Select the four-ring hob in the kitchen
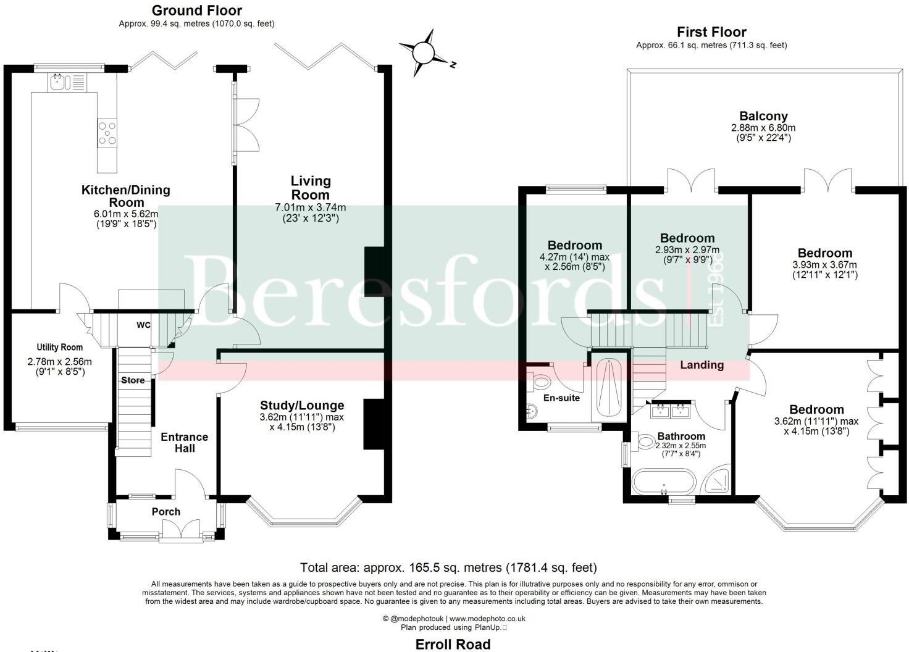(107, 133)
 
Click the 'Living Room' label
(311, 188)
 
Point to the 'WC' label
(143, 325)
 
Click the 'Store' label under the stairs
(133, 380)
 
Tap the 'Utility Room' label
(60, 347)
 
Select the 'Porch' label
(166, 512)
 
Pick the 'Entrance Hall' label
(185, 443)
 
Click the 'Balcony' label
(763, 117)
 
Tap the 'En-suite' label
(561, 398)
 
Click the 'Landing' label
(702, 365)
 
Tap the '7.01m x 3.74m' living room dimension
(311, 207)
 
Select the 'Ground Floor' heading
(197, 10)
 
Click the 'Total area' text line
(448, 567)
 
